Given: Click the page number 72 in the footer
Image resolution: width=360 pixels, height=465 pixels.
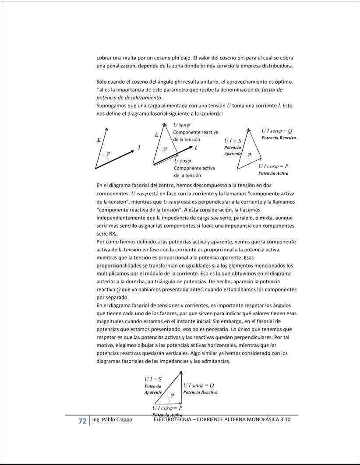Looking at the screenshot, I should point(82,421).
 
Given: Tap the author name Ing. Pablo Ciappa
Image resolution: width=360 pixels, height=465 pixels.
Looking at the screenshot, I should point(112,420).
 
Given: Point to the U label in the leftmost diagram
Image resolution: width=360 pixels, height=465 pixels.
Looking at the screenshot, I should point(99,139).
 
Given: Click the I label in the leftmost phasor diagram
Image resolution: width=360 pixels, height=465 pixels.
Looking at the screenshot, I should point(139,147).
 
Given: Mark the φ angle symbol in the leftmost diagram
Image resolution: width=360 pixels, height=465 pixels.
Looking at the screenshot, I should point(108,153).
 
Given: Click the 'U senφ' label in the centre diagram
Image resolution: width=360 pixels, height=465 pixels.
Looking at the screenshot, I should point(181,125).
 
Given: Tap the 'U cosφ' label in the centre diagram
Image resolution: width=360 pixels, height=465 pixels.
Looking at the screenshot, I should point(182,161).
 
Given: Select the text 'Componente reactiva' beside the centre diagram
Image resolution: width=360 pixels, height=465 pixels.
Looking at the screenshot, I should point(195,132).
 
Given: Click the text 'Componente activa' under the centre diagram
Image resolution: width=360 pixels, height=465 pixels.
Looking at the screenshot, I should point(194,168).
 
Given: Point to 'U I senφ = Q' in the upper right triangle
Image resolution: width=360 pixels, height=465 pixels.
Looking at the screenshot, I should point(277,131).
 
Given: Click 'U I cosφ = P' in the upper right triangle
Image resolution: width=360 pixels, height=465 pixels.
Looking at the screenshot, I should point(273,166).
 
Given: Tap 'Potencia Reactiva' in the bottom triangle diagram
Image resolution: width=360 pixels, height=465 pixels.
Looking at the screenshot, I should point(201,392).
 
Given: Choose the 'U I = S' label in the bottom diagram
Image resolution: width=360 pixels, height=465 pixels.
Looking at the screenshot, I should point(153,379).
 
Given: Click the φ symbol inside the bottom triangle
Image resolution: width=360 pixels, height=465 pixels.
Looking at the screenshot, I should point(172,395).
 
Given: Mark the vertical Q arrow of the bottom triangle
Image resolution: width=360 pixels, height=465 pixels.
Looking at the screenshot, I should point(182,387).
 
